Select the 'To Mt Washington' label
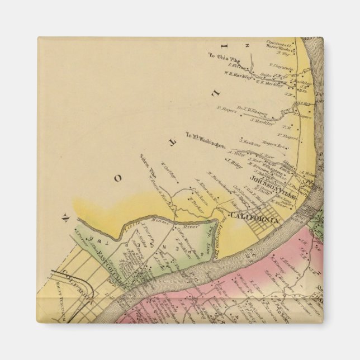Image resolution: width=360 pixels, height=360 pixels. (205, 143)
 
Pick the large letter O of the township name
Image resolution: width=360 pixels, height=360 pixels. (117, 178)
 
